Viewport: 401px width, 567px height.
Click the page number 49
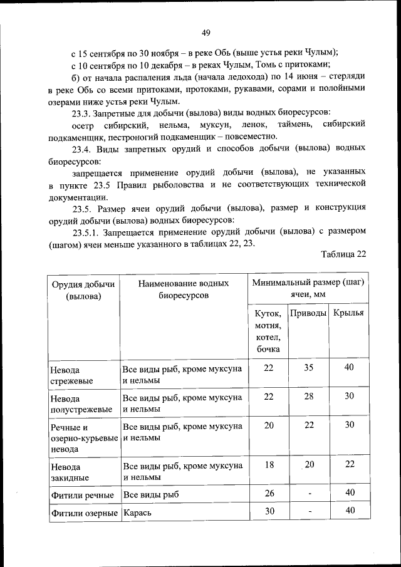tap(206, 33)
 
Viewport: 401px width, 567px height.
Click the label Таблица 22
tap(343, 254)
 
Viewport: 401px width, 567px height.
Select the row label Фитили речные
tap(82, 495)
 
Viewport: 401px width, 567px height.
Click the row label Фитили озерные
tap(84, 512)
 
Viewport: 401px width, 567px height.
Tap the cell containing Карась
tap(137, 512)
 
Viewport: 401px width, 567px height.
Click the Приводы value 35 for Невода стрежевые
tap(309, 368)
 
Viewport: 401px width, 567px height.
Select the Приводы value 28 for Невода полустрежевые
tap(309, 397)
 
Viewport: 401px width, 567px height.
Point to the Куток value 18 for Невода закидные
tap(269, 464)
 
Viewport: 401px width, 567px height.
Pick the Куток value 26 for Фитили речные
tap(269, 493)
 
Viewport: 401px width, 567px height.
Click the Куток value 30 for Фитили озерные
tap(269, 511)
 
